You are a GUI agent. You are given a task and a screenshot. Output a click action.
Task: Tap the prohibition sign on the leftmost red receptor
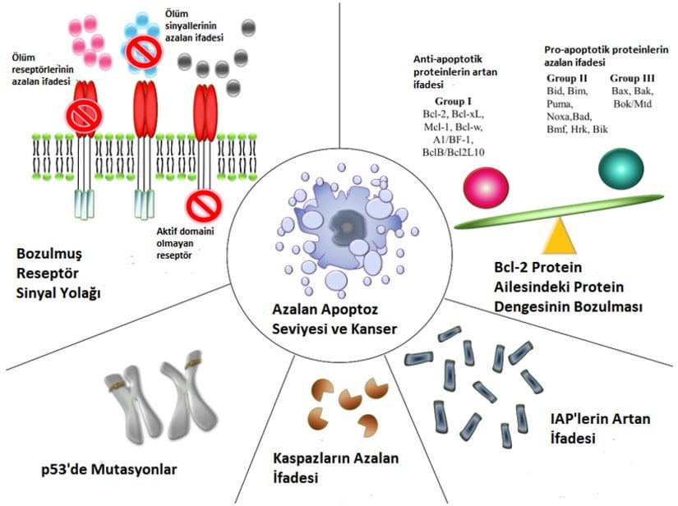pyautogui.click(x=85, y=117)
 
